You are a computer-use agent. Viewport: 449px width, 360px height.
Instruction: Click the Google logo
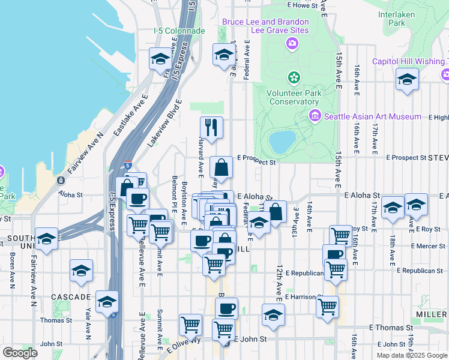(20, 353)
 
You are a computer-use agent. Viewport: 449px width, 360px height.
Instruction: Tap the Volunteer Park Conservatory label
(294, 97)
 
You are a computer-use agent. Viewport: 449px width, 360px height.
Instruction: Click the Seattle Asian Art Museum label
(373, 116)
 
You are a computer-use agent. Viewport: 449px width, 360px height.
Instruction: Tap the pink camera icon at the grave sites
(292, 43)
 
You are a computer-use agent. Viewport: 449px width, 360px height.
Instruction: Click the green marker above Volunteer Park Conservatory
(294, 77)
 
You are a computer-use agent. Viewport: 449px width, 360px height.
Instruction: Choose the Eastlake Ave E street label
(130, 117)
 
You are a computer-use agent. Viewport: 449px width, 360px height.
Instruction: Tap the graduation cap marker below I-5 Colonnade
(160, 59)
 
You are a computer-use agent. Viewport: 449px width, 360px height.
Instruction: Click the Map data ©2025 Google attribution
(412, 355)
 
